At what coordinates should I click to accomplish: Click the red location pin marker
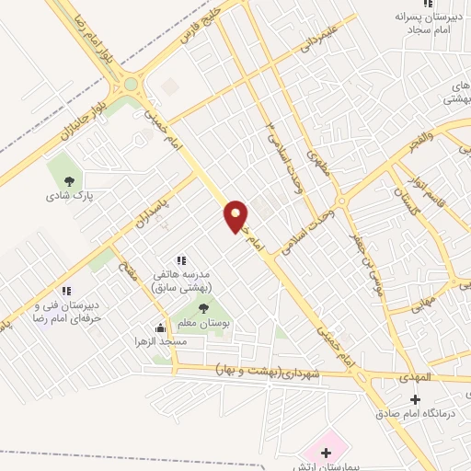[x=236, y=215]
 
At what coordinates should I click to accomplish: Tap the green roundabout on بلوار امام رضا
[x=131, y=84]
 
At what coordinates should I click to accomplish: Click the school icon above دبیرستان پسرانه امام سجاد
[x=426, y=6]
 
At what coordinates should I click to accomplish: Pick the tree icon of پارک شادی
[x=65, y=178]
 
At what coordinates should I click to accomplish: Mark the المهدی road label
[x=421, y=378]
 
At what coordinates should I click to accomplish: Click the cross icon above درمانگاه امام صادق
[x=414, y=399]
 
